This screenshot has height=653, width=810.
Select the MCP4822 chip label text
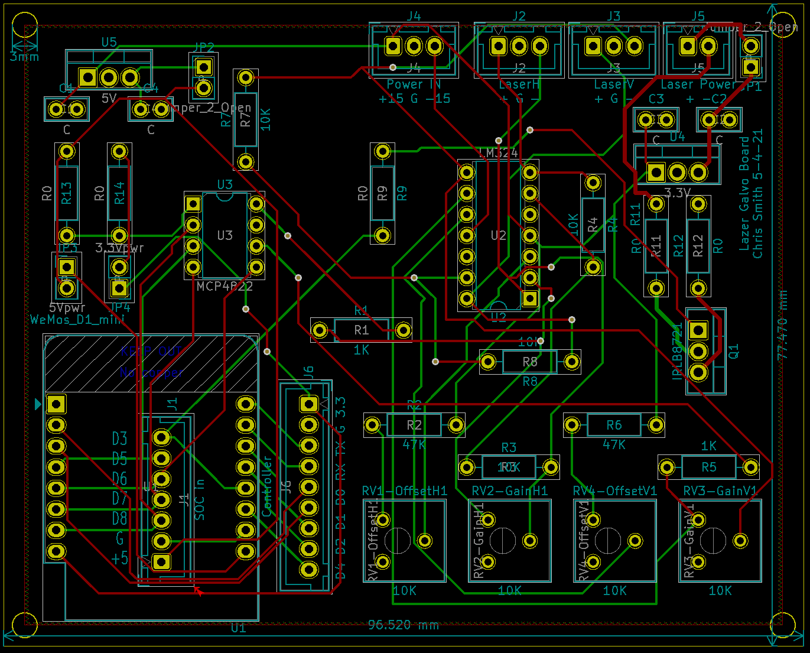click(x=225, y=286)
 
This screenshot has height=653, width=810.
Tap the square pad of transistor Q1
click(x=698, y=330)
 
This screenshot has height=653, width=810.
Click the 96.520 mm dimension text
click(x=403, y=625)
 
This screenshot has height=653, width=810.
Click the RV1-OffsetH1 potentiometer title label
click(x=405, y=491)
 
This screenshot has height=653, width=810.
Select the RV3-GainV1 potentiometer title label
click(x=720, y=491)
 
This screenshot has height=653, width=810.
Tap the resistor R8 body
click(x=530, y=361)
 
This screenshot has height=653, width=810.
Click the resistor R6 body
click(x=614, y=425)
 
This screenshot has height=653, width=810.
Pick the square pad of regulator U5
click(x=88, y=77)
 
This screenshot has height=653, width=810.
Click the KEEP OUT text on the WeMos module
click(x=151, y=351)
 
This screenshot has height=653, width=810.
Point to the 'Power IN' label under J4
click(x=414, y=85)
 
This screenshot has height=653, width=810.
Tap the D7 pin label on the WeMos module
click(x=120, y=498)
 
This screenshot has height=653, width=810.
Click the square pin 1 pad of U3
click(x=193, y=204)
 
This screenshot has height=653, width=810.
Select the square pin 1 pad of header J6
click(x=308, y=404)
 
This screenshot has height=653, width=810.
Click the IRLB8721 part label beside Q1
click(x=677, y=350)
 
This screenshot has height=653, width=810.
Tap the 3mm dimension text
click(x=24, y=57)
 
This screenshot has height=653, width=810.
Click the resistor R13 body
click(x=67, y=193)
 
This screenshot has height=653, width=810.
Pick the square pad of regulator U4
click(x=656, y=173)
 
